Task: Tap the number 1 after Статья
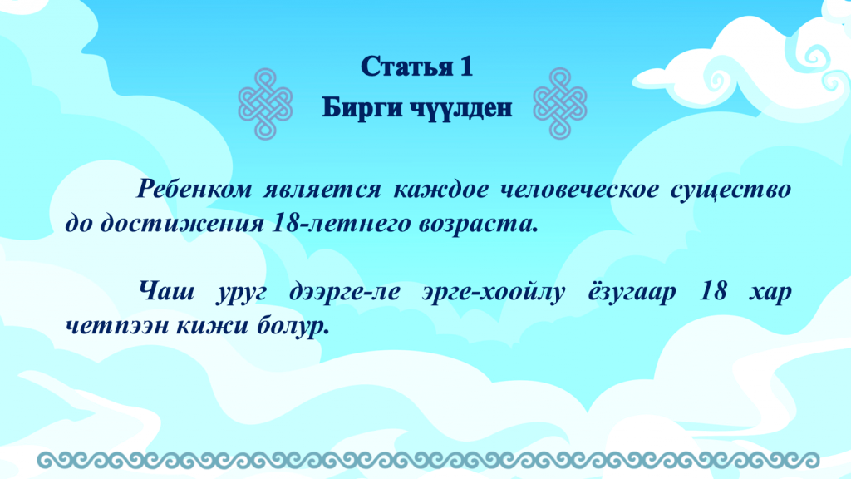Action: (x=467, y=67)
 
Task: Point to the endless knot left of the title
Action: (x=265, y=103)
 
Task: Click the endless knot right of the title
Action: (x=560, y=103)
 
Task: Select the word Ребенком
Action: (x=194, y=190)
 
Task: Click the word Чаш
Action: (x=166, y=292)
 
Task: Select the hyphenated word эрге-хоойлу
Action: (x=494, y=293)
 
